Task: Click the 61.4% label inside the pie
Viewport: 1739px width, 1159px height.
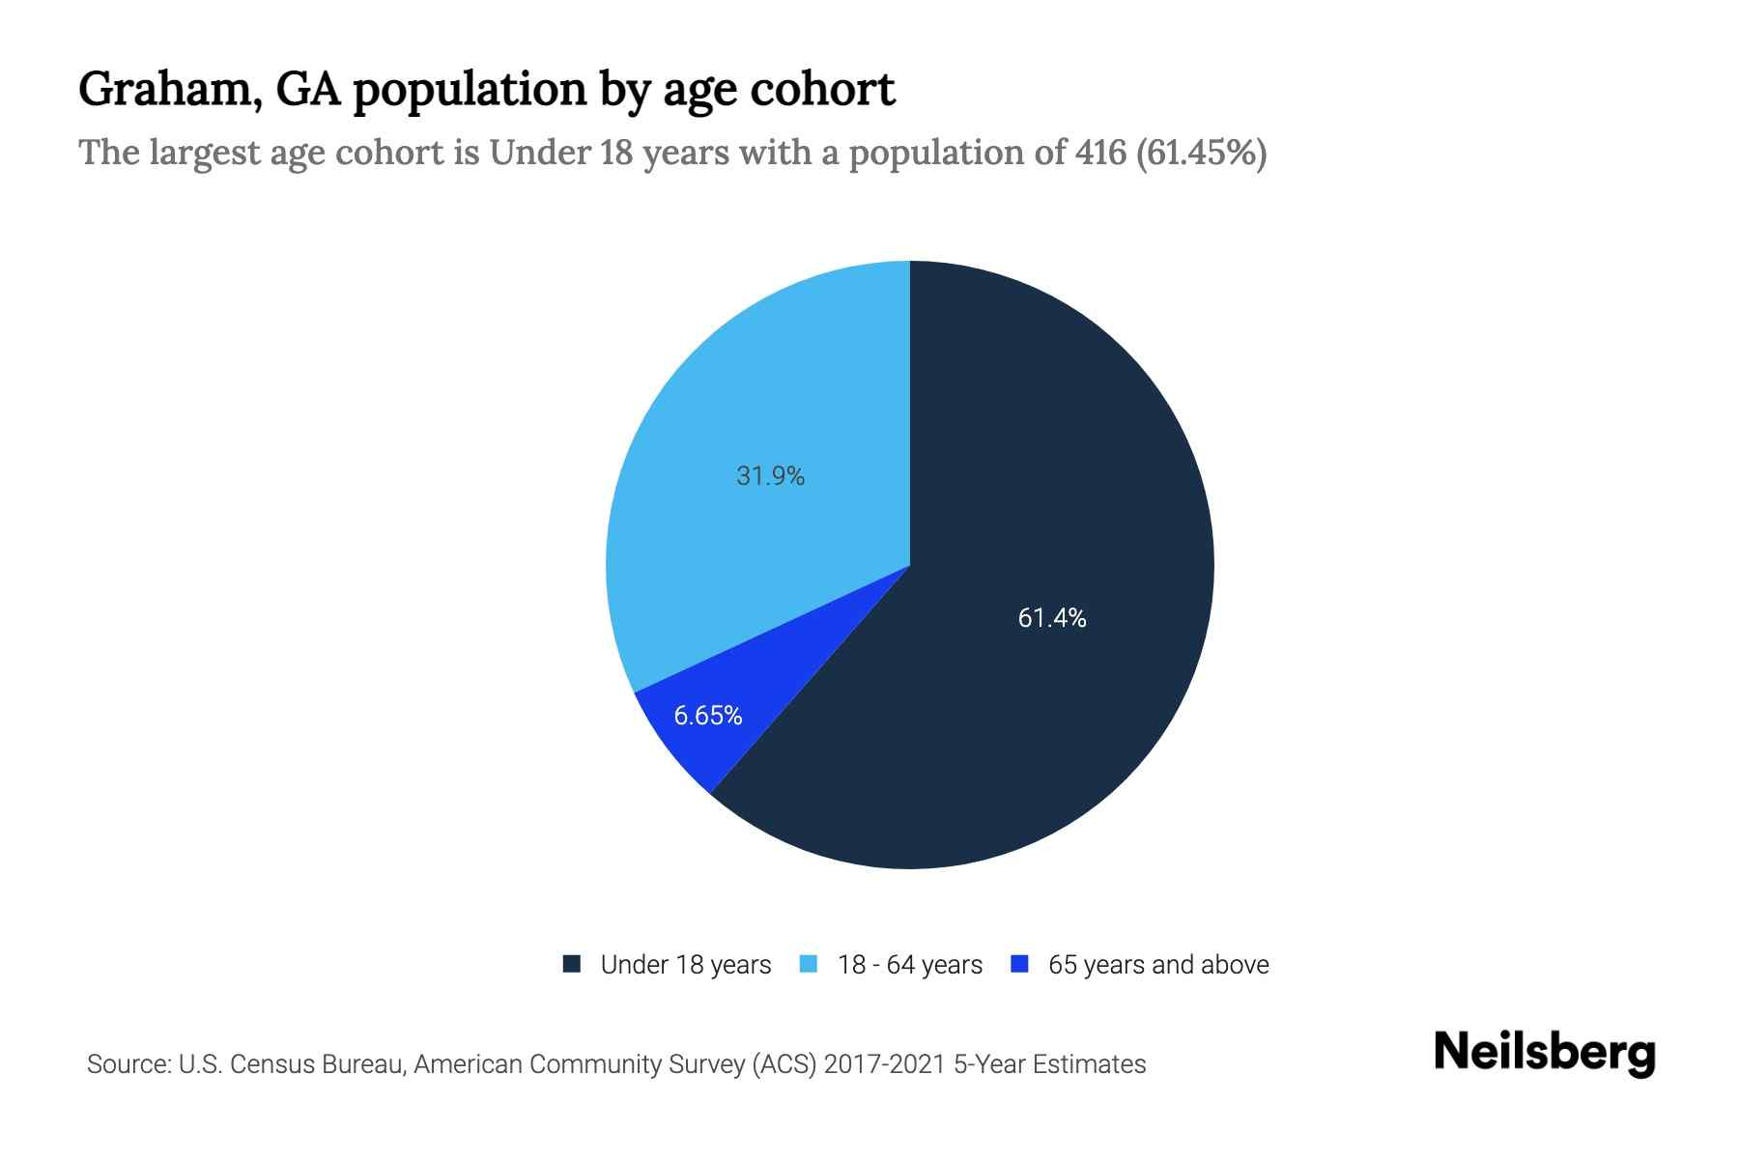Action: (x=1052, y=618)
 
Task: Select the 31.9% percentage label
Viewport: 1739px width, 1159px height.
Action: (x=770, y=476)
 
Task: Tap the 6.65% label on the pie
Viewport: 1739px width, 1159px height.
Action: (x=708, y=716)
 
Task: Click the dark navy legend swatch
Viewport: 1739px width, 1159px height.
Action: (x=572, y=964)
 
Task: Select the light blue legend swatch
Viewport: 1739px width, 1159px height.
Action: (x=810, y=964)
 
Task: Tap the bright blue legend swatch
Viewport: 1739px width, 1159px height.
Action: (x=1019, y=964)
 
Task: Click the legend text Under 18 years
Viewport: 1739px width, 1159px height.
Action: (x=686, y=965)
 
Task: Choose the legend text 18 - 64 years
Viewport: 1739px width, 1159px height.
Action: (x=910, y=965)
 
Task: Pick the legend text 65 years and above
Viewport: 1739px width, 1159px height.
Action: (x=1158, y=965)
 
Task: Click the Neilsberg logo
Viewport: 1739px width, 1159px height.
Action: (x=1545, y=1053)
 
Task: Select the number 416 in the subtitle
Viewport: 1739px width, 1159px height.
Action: (x=1099, y=153)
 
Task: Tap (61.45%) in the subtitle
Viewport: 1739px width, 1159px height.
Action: (x=1202, y=153)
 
